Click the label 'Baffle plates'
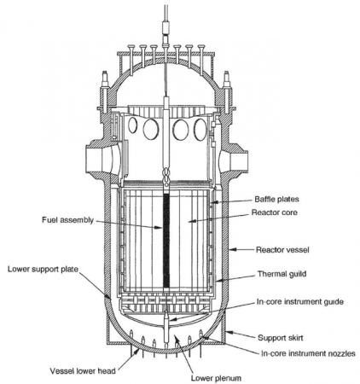pos(276,199)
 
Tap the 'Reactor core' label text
pos(275,212)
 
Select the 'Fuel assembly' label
pos(67,220)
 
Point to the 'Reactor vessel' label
pos(282,250)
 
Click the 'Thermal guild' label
pos(282,274)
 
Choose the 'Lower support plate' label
pos(43,269)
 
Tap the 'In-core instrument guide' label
pos(300,301)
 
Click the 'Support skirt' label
pos(281,338)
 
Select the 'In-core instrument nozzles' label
pos(308,353)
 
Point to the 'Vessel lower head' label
pos(83,371)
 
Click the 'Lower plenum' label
pos(216,378)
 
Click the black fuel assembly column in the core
pos(166,241)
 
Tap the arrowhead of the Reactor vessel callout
pos(232,249)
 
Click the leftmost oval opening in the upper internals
pos(132,125)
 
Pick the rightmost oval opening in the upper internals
pos(200,130)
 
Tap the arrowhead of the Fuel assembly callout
pos(160,228)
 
